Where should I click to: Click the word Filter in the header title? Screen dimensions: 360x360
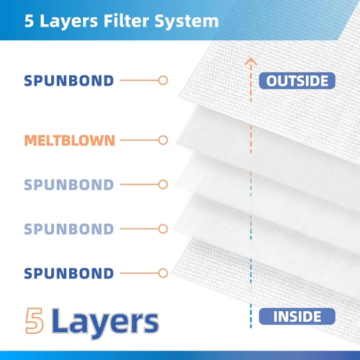(126, 21)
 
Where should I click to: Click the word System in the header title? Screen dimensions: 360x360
(186, 22)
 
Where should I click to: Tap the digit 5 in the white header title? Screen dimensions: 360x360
(29, 21)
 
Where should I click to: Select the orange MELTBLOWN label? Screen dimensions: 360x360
(70, 140)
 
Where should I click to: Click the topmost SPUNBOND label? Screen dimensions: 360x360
(69, 81)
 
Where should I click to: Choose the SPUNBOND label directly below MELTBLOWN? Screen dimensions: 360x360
(69, 184)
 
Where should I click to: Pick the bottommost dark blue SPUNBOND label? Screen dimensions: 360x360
(69, 274)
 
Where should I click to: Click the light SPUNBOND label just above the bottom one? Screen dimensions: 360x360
(69, 229)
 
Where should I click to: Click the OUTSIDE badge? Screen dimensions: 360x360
(297, 81)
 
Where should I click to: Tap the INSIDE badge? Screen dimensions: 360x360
(297, 316)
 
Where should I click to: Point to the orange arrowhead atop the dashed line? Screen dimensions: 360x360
(251, 61)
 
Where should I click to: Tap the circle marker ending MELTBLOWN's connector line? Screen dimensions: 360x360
(163, 140)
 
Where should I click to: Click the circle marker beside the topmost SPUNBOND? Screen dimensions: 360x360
(163, 81)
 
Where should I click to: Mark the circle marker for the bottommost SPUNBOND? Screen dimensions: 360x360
(163, 273)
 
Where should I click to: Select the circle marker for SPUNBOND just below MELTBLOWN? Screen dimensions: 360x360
(163, 184)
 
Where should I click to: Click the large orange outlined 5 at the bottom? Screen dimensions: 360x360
(35, 321)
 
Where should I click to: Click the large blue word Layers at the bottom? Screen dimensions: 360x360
(105, 323)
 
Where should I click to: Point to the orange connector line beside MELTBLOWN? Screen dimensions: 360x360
(139, 140)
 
